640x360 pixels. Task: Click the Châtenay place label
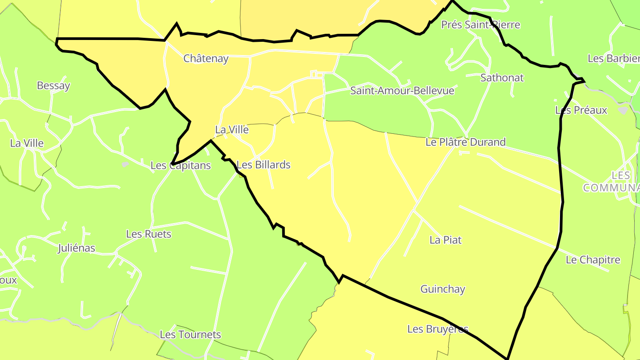point(206,59)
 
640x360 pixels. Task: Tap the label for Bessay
point(53,86)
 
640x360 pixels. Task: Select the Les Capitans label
point(180,166)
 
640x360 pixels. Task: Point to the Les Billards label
point(264,165)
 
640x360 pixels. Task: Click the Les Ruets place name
point(148,234)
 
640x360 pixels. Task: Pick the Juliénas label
point(76,248)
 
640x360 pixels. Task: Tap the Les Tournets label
point(190,335)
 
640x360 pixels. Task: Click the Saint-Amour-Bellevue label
point(402,91)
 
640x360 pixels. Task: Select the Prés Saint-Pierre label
point(480,25)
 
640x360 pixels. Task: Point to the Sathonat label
point(502,78)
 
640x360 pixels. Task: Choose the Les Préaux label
point(581,110)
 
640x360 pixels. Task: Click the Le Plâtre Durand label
point(465,142)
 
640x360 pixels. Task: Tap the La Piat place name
point(445,240)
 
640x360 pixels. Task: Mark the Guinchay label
point(443,289)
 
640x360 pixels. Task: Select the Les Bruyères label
point(438,329)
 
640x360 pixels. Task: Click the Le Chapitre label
point(593,260)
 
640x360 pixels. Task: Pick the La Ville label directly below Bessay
point(27,143)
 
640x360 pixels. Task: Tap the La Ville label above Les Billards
point(232,130)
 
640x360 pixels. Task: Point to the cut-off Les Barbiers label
point(613,58)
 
